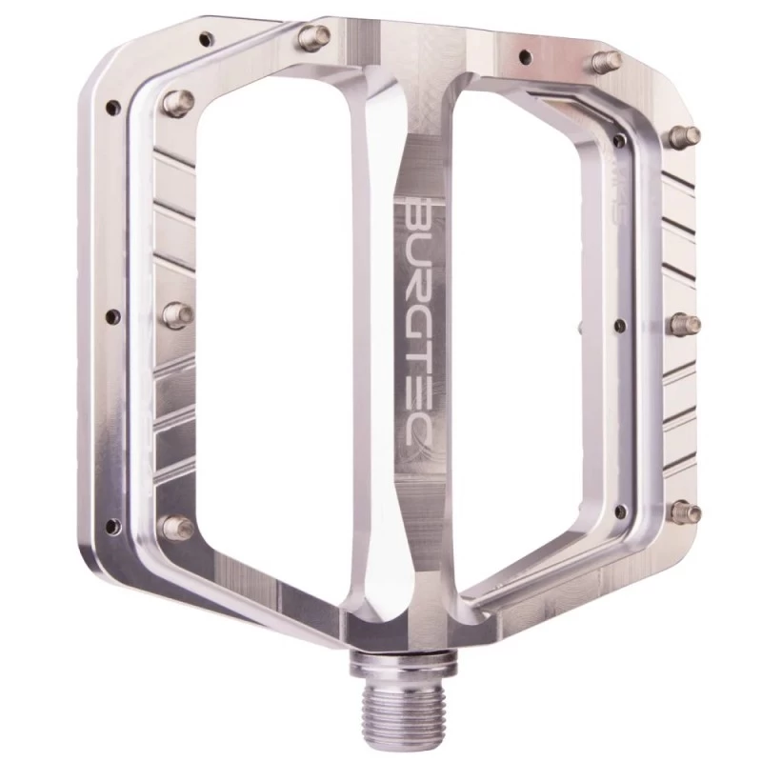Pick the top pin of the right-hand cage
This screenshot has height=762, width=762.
click(x=604, y=63)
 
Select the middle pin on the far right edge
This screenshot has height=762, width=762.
click(x=686, y=325)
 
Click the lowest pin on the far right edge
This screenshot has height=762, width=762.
click(x=685, y=512)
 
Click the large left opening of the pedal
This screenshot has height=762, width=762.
click(x=276, y=314)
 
